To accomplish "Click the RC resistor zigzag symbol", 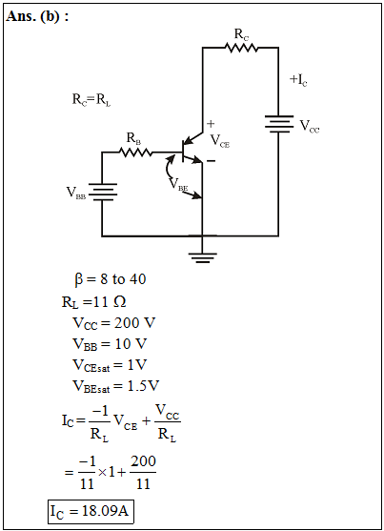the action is (241, 48).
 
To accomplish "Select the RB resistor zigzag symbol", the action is (135, 153).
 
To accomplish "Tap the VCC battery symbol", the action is (278, 124).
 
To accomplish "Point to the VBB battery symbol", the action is (102, 192).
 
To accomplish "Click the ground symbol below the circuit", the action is (203, 257).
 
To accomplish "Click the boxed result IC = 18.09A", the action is (91, 511).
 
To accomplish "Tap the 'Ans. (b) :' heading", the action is (37, 16).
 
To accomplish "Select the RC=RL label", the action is (91, 100).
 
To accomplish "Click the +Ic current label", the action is (298, 79).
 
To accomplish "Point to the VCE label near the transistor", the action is (220, 140).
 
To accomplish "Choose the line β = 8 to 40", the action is (111, 279).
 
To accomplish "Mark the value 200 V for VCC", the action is (134, 323).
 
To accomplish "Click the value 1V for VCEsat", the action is (137, 365).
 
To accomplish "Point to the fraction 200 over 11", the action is (143, 472).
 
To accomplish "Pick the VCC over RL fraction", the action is (168, 422).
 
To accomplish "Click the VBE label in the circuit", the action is (178, 185).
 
